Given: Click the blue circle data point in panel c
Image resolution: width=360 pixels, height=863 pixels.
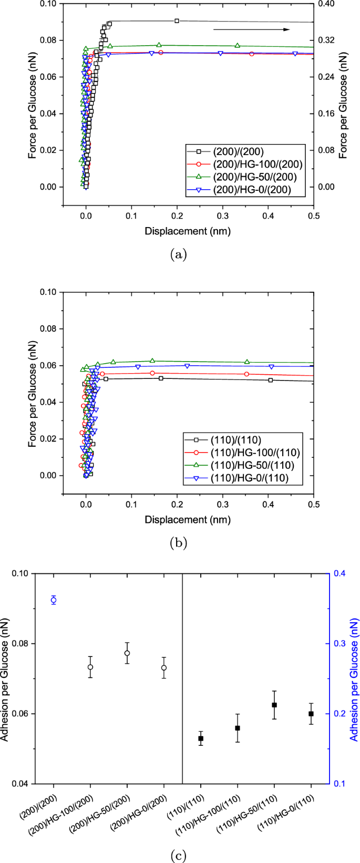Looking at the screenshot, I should [54, 600].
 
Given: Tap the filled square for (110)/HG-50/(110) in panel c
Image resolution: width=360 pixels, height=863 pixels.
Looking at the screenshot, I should [274, 705].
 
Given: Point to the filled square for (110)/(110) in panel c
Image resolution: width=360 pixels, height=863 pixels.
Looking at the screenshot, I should [201, 738].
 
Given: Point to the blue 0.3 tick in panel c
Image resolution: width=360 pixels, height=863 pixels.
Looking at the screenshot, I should [337, 643].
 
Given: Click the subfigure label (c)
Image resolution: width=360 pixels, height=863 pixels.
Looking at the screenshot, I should [180, 856].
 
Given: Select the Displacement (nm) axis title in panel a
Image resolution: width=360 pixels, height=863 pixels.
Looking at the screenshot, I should [188, 231].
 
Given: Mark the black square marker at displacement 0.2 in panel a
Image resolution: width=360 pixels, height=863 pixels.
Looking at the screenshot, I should [177, 21].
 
